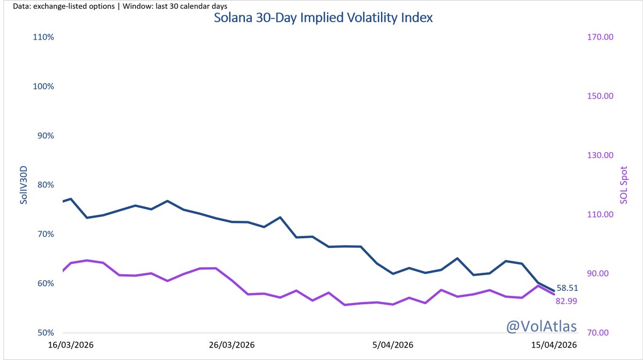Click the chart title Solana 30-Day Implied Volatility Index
click(323, 18)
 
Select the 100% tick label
click(43, 86)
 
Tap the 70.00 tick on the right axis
click(601, 333)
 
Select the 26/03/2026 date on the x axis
click(231, 346)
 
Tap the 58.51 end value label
click(567, 288)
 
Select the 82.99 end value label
click(567, 301)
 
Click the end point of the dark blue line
click(554, 291)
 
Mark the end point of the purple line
click(554, 294)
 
